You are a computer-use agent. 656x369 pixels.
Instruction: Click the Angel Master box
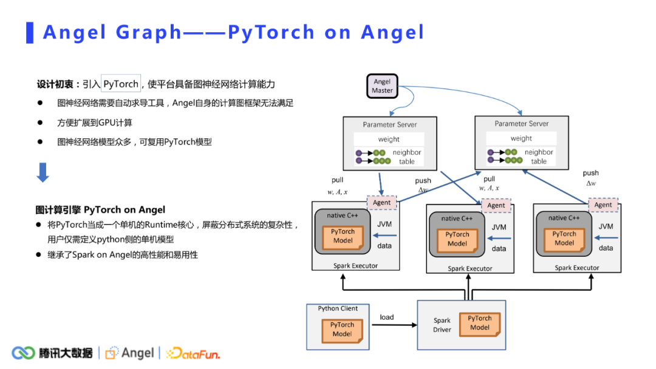coord(382,86)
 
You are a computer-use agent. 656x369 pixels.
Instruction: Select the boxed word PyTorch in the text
coord(121,84)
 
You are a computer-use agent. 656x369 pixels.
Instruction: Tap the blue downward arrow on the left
coord(43,172)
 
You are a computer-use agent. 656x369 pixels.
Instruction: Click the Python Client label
coord(338,308)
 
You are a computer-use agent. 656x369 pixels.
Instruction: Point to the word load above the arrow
coord(387,317)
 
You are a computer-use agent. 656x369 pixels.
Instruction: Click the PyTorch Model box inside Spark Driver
coord(479,323)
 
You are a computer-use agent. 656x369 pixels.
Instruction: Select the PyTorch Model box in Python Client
coord(342,330)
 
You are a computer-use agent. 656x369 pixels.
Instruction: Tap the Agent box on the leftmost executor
coord(381,203)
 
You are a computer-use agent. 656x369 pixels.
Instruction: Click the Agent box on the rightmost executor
coord(603,205)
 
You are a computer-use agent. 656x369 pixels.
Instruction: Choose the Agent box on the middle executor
coord(496,205)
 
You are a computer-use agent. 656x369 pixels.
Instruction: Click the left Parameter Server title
coord(389,124)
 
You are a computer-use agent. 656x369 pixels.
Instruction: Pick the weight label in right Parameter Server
coord(521,138)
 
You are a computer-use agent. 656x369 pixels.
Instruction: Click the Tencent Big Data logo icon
coord(24,353)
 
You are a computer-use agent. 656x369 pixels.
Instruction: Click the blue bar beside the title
coord(29,32)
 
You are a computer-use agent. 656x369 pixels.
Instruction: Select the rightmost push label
coord(590,173)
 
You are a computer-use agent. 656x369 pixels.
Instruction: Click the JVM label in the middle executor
coord(499,228)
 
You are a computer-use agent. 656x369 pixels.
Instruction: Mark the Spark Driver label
coord(442,325)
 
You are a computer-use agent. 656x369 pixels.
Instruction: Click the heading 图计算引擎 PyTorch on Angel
coord(100,210)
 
